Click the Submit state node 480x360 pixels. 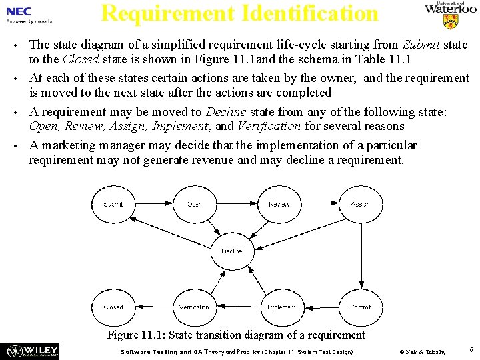[x=113, y=204]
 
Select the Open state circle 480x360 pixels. [x=194, y=204]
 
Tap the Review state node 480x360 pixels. [x=279, y=204]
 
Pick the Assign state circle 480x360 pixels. [x=360, y=204]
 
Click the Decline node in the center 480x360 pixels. [x=232, y=251]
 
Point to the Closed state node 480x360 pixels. [x=113, y=307]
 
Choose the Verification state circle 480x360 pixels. [x=194, y=307]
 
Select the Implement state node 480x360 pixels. [x=281, y=307]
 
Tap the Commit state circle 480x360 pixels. [x=360, y=307]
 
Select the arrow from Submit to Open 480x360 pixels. [x=153, y=204]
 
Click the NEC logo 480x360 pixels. [x=19, y=12]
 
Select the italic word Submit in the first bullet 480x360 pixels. [x=421, y=45]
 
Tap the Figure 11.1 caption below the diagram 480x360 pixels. [x=236, y=335]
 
